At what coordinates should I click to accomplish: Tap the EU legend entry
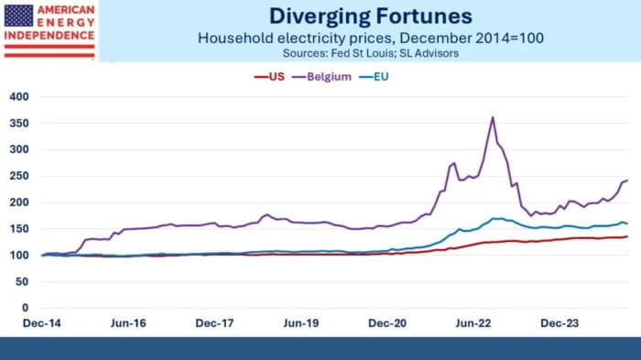tap(389, 78)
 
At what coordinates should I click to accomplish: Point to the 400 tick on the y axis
tap(19, 97)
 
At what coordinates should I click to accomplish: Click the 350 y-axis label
tap(19, 124)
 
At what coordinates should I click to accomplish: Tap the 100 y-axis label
tap(19, 256)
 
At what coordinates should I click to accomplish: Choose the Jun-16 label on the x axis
tap(127, 323)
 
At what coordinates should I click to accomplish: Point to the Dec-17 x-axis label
tap(214, 323)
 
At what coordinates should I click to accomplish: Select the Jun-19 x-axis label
tap(300, 323)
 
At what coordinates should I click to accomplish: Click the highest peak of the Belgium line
tap(493, 117)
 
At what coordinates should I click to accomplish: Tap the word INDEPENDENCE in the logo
tap(49, 36)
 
